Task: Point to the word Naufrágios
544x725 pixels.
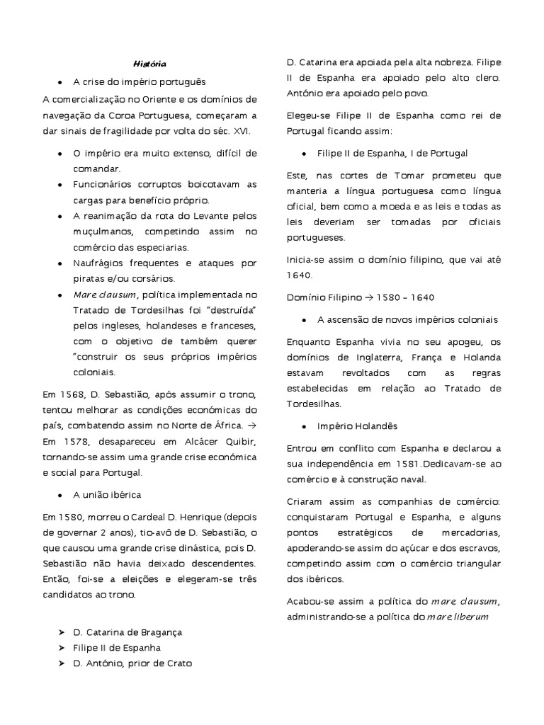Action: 99,263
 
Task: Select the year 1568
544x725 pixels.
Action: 71,394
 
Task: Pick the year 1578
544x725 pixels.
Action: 71,441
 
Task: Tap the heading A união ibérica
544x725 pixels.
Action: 110,493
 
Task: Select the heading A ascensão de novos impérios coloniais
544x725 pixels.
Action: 407,320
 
